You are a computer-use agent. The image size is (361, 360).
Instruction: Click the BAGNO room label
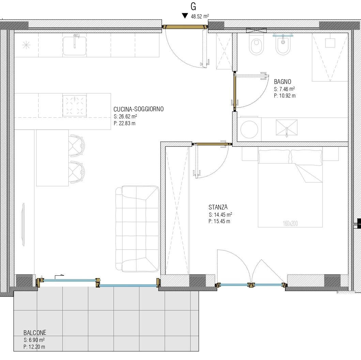[x=283, y=82]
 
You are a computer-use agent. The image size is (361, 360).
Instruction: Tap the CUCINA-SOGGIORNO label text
[x=139, y=109]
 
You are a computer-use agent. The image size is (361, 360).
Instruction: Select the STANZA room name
[x=218, y=207]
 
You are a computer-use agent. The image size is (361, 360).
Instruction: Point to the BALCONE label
[x=35, y=333]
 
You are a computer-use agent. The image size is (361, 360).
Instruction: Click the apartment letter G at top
[x=193, y=7]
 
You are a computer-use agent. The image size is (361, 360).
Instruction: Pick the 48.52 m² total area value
[x=200, y=16]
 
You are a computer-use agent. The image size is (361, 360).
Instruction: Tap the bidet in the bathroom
[x=283, y=45]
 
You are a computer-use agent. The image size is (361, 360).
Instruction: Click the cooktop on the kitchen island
[x=75, y=105]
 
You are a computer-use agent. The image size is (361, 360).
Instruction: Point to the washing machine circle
[x=249, y=129]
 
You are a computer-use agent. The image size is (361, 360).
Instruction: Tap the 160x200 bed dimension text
[x=290, y=223]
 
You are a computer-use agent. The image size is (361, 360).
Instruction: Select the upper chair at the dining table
[x=77, y=146]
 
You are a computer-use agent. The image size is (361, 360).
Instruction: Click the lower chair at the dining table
[x=77, y=172]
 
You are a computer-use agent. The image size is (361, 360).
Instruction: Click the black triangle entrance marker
[x=185, y=16]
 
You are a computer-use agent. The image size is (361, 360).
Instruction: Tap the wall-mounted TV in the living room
[x=23, y=225]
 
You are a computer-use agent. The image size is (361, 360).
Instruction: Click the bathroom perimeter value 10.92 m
[x=285, y=96]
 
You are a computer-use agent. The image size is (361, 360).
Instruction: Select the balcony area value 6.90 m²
[x=34, y=340]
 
